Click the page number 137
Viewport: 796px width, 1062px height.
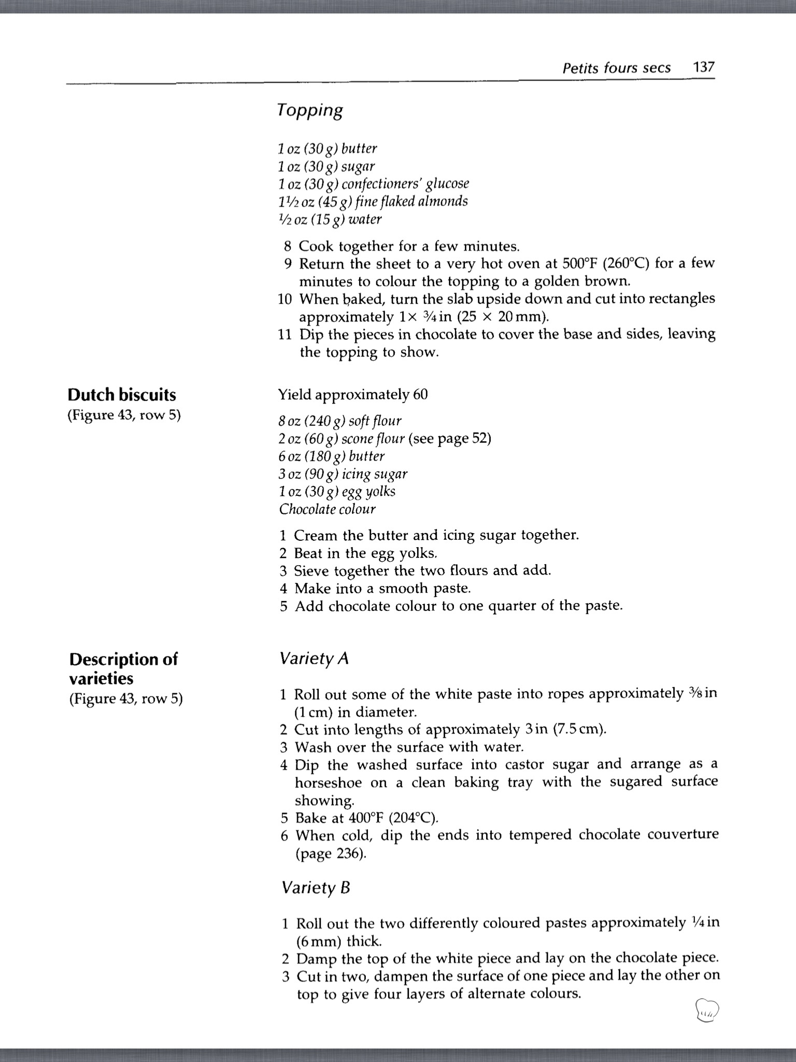coord(704,67)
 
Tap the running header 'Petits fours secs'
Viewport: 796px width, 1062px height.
coord(616,68)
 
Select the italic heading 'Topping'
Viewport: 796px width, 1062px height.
coord(309,110)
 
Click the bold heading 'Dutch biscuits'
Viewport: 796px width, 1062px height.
coord(122,395)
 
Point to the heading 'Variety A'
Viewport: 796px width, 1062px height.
coord(314,659)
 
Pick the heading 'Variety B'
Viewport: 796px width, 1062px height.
coord(316,888)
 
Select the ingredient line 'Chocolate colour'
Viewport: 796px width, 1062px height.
coord(327,509)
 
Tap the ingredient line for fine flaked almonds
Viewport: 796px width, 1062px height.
coord(373,201)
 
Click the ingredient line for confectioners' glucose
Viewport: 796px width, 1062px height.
coord(373,184)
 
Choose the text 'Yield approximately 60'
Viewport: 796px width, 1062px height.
coord(353,395)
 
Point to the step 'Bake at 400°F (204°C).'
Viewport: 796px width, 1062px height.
coord(366,818)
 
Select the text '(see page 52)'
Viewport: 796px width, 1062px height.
coord(450,439)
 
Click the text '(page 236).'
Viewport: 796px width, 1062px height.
coord(331,854)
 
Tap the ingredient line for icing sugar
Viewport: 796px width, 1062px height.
coord(343,474)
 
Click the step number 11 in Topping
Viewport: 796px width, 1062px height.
coord(285,334)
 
